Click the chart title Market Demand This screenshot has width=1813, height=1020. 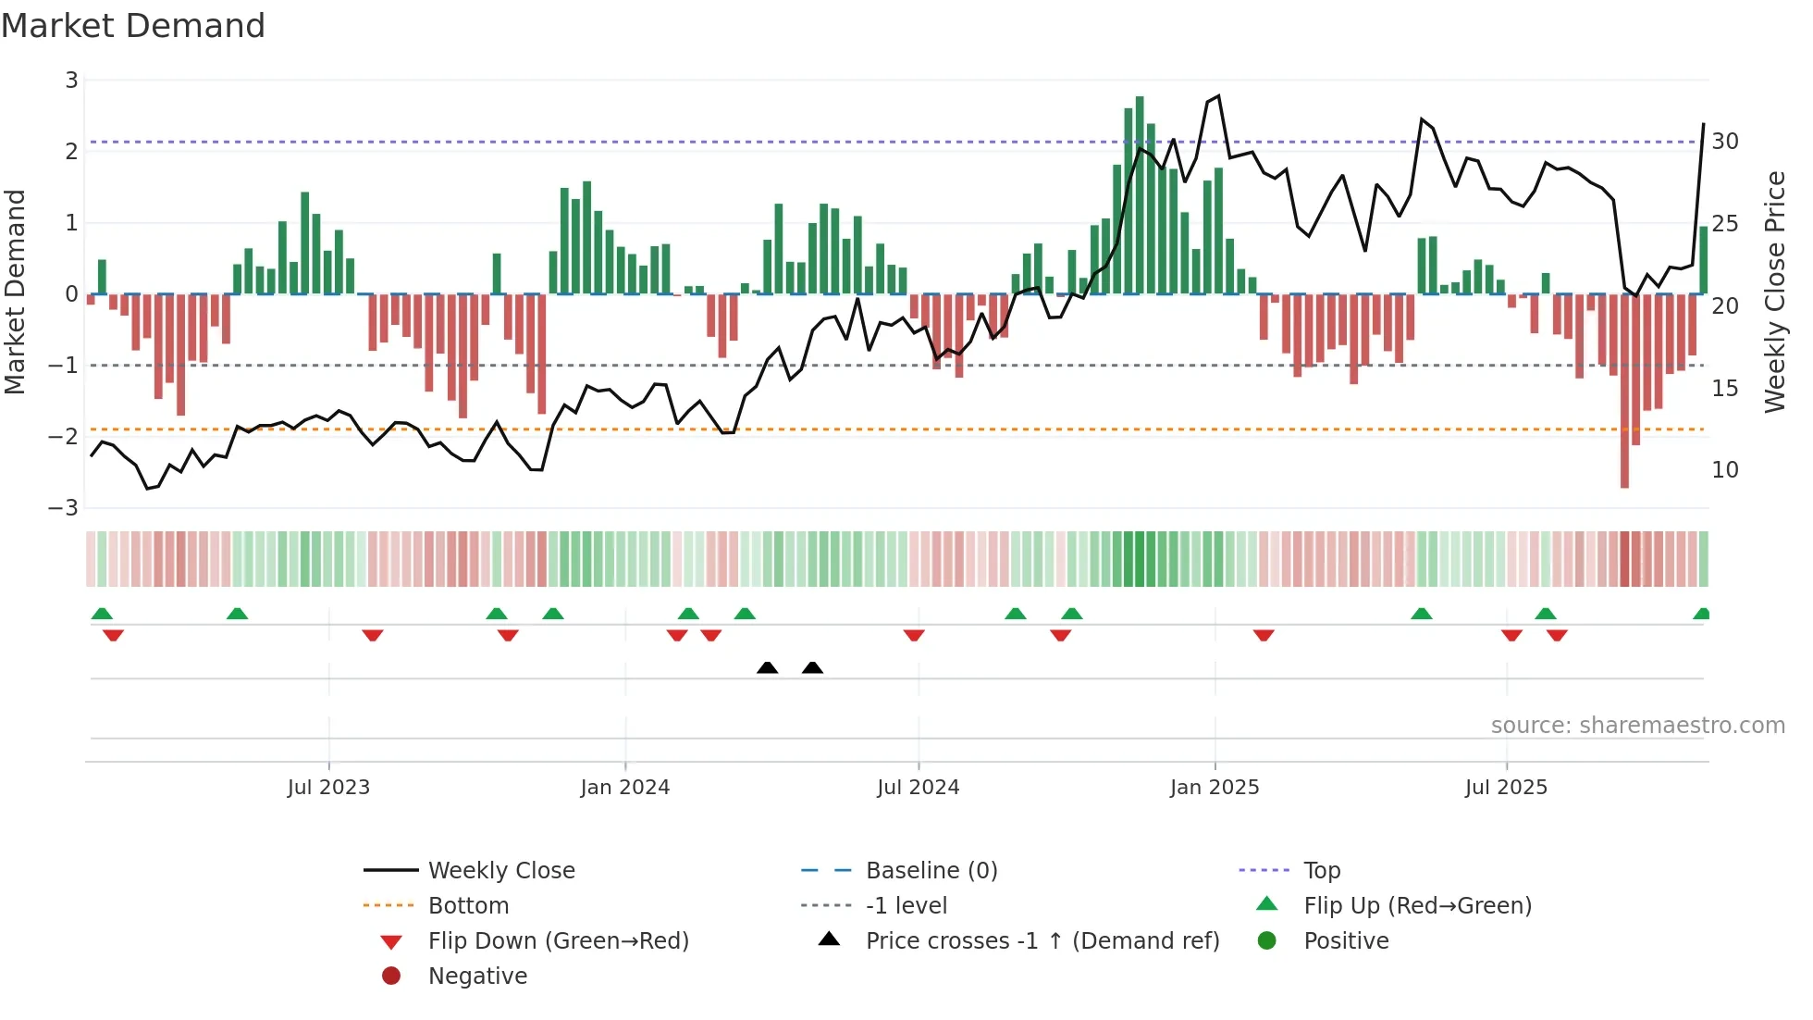click(133, 26)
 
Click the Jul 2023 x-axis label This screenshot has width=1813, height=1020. click(328, 788)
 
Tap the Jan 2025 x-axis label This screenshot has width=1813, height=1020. click(1214, 788)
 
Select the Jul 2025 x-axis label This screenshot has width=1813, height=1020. click(1506, 788)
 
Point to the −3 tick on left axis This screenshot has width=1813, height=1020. click(64, 508)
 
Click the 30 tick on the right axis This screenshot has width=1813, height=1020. click(1724, 142)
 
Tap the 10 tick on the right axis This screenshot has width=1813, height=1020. click(1724, 470)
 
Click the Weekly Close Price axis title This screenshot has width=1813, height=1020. click(1774, 292)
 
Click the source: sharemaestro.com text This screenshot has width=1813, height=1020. click(1637, 726)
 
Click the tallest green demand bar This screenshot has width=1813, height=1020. click(1140, 194)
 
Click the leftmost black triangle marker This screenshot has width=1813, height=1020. click(767, 667)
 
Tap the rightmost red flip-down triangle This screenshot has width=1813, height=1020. click(1557, 635)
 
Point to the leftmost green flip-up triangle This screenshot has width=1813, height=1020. click(102, 614)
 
